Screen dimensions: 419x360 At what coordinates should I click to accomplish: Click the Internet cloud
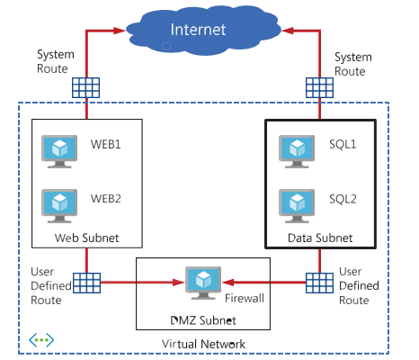point(203,31)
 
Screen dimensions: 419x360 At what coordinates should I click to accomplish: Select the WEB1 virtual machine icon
point(59,151)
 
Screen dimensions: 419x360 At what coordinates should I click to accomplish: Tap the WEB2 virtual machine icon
point(59,206)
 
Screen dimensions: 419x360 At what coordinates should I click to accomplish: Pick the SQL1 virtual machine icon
point(297,151)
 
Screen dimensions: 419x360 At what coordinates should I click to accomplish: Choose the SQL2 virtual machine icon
point(297,206)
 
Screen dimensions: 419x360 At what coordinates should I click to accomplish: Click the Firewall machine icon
point(203,283)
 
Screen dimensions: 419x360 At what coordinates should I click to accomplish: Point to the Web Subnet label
point(86,238)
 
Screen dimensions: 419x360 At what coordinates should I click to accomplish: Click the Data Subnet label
point(320,238)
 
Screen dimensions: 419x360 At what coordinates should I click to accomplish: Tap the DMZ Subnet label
point(203,320)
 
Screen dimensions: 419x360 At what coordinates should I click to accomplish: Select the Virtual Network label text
point(203,344)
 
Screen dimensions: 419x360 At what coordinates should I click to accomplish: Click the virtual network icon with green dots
point(41,340)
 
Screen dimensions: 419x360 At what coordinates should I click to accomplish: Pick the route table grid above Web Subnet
point(85,87)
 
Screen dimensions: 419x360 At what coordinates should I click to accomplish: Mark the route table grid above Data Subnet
point(319,87)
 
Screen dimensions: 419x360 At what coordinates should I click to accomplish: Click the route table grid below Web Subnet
point(86,283)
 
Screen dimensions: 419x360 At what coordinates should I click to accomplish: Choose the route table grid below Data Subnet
point(319,283)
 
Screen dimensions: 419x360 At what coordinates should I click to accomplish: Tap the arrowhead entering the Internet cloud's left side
point(120,31)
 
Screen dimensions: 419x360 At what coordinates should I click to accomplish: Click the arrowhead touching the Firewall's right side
point(227,283)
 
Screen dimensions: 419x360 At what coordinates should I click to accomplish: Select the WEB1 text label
point(106,144)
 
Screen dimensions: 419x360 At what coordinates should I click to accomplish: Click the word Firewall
point(245,298)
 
